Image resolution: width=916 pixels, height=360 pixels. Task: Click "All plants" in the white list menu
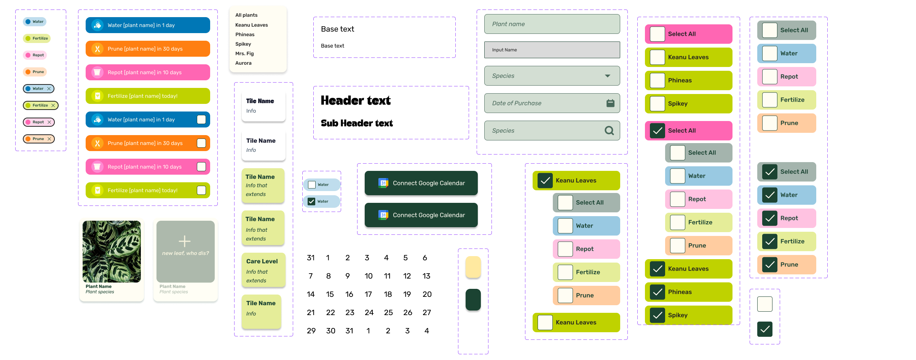[246, 15]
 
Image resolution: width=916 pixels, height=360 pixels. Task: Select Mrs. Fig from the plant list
[244, 54]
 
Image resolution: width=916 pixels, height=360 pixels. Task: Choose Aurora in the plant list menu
[243, 63]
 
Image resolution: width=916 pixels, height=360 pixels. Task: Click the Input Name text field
[552, 50]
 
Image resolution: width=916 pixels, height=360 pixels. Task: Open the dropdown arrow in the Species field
[608, 76]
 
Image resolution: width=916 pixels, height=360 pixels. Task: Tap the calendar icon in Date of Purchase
[610, 103]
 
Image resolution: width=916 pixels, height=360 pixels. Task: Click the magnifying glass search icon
[609, 131]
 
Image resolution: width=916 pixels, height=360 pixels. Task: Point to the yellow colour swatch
[473, 267]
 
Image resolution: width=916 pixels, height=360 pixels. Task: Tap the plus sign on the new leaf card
[185, 241]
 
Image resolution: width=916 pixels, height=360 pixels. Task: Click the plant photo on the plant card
[112, 252]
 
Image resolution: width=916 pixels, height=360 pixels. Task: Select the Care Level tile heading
[262, 261]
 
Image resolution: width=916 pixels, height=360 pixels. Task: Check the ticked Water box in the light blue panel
[311, 201]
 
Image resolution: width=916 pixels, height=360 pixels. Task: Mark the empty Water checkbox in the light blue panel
[312, 185]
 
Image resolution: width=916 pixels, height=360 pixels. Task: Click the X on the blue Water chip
[49, 89]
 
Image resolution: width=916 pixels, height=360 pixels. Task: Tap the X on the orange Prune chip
[49, 139]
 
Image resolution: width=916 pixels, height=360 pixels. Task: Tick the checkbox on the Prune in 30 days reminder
[201, 143]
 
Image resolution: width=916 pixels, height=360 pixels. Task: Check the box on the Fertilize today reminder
[201, 190]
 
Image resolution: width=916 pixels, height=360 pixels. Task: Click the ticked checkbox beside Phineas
[657, 292]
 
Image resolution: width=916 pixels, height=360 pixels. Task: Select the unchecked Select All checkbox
[657, 34]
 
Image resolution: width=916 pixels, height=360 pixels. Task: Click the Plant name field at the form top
[552, 24]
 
